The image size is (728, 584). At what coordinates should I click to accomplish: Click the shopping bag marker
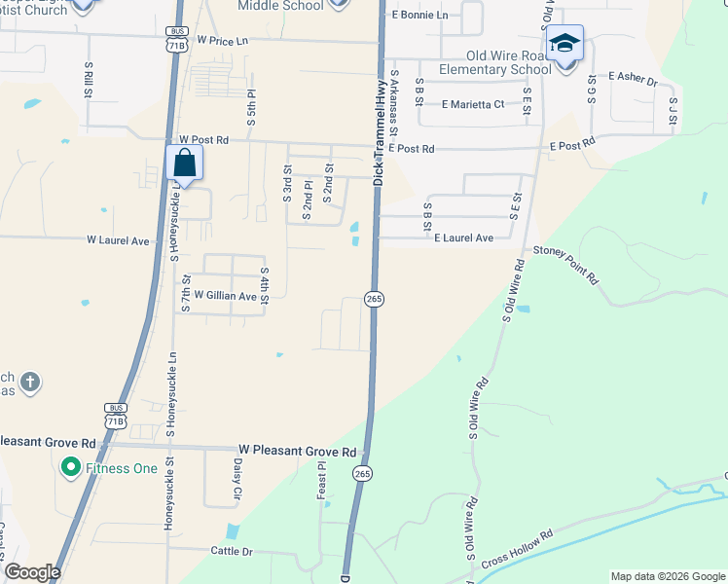[185, 164]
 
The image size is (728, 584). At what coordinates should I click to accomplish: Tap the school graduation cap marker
[564, 45]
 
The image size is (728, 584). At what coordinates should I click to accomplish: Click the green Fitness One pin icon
[70, 468]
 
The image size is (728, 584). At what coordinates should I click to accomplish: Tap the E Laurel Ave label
[463, 237]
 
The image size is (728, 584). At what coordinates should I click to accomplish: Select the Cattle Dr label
[232, 550]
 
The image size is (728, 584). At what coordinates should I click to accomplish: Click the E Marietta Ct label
[473, 104]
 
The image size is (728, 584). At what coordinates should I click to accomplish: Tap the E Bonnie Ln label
[419, 16]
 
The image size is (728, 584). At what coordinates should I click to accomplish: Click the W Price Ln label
[223, 41]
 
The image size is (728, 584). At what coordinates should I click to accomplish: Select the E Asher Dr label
[633, 77]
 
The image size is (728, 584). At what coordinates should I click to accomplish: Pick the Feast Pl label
[321, 481]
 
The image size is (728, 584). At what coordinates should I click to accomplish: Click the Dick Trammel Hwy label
[378, 132]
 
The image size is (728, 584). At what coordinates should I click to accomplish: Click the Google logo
[31, 572]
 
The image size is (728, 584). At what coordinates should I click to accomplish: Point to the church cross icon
[29, 383]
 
